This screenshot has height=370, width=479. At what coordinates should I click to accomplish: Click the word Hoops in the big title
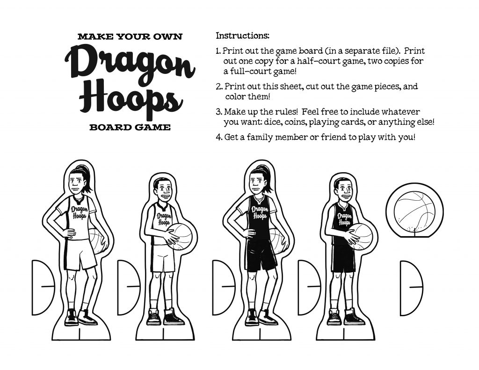point(130,99)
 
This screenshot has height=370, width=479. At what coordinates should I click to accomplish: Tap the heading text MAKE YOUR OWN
point(130,36)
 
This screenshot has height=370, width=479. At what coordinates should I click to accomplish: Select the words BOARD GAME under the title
point(130,127)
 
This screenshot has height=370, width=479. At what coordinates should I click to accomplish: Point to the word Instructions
point(242,36)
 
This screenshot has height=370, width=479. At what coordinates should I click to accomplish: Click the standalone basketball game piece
point(411,208)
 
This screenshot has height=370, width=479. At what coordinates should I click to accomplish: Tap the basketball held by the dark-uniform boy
point(361,236)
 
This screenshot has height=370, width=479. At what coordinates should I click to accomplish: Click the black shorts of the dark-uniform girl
point(261,255)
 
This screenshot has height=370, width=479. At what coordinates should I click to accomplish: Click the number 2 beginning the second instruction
point(218,87)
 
